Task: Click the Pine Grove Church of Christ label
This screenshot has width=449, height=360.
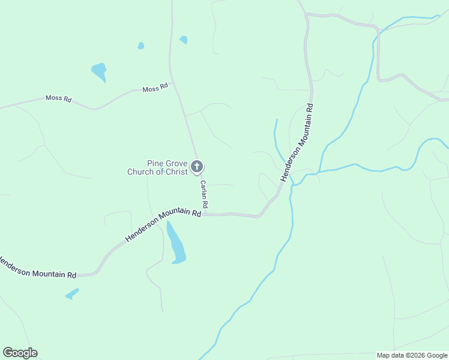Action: click(x=158, y=167)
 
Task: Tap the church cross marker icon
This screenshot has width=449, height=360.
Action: click(x=197, y=167)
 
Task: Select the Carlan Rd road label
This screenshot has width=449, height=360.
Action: click(x=204, y=195)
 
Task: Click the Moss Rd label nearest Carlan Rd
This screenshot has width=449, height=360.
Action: click(x=155, y=89)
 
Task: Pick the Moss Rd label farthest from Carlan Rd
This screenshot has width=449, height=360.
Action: click(x=59, y=98)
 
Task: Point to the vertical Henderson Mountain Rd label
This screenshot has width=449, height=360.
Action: click(x=297, y=142)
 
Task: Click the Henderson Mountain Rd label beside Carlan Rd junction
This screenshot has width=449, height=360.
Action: click(x=163, y=225)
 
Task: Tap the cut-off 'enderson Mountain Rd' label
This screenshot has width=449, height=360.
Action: click(x=37, y=268)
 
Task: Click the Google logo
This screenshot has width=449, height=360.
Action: click(x=20, y=353)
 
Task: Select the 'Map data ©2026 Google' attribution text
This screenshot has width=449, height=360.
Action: click(x=412, y=355)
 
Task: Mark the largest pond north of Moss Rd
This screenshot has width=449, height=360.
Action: click(x=99, y=71)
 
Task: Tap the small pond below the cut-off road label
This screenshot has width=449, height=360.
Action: click(x=72, y=294)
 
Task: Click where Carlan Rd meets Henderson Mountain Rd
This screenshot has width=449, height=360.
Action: click(x=205, y=214)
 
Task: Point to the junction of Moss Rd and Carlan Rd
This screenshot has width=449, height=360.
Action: click(x=173, y=83)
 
